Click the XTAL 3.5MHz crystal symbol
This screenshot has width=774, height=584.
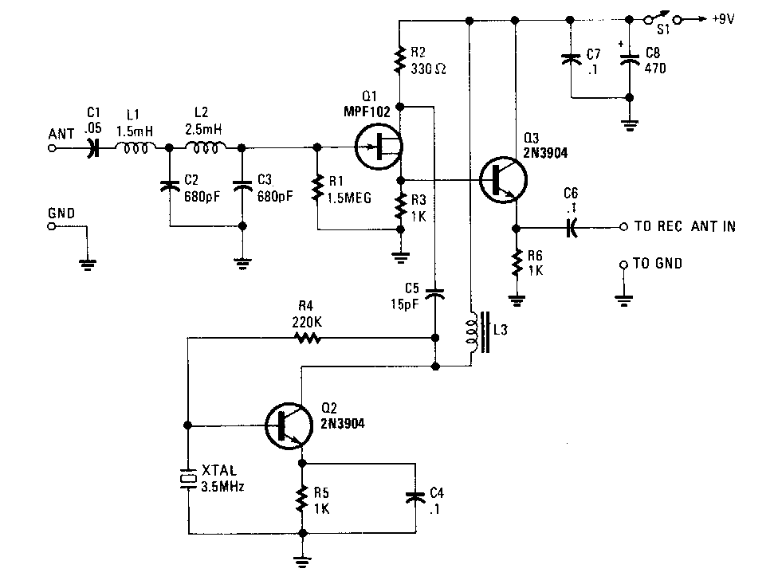187,478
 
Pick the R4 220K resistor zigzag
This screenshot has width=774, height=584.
308,338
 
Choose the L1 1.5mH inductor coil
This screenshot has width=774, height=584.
135,147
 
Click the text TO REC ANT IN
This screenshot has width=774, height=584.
684,227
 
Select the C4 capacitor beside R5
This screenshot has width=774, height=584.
413,496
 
